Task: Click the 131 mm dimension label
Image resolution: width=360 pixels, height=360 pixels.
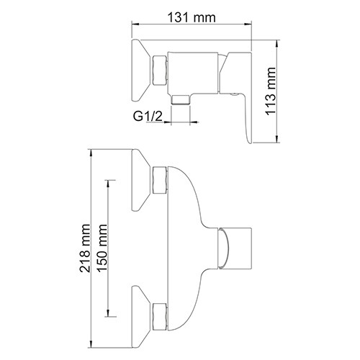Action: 192,17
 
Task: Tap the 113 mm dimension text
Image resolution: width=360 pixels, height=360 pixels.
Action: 271,91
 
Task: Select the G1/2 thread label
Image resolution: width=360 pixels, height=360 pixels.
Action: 148,117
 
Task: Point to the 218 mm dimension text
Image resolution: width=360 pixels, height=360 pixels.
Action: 85,248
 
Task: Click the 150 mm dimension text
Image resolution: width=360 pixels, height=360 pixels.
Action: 102,248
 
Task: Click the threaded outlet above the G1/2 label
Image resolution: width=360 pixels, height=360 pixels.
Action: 181,99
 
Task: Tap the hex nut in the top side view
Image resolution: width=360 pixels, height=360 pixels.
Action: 160,70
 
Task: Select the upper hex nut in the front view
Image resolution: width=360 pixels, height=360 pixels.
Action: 160,180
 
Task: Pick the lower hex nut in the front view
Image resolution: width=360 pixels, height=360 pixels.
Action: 160,317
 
